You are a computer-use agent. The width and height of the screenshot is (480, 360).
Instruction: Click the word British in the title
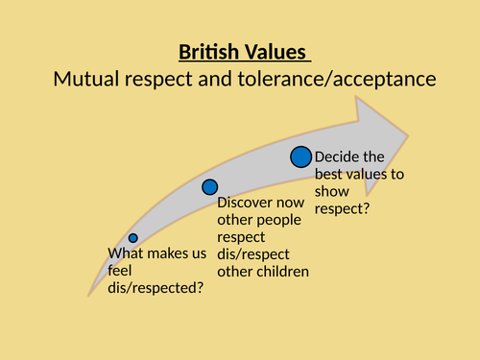coord(209,53)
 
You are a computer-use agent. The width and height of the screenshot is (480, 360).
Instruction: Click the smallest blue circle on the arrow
coord(132,237)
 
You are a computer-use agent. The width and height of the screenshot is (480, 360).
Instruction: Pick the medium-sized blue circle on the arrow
coord(209,187)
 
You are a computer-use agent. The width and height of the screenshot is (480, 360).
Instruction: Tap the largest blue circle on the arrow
coord(300,156)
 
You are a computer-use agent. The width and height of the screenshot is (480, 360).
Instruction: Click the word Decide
coord(339,157)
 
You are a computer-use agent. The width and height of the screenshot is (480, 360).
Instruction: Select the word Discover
coord(248,203)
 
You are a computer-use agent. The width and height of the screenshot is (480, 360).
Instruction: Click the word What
coord(127,254)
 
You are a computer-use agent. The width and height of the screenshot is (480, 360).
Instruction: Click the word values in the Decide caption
coord(381,175)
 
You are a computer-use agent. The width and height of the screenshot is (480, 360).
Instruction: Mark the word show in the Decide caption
coord(332,192)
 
